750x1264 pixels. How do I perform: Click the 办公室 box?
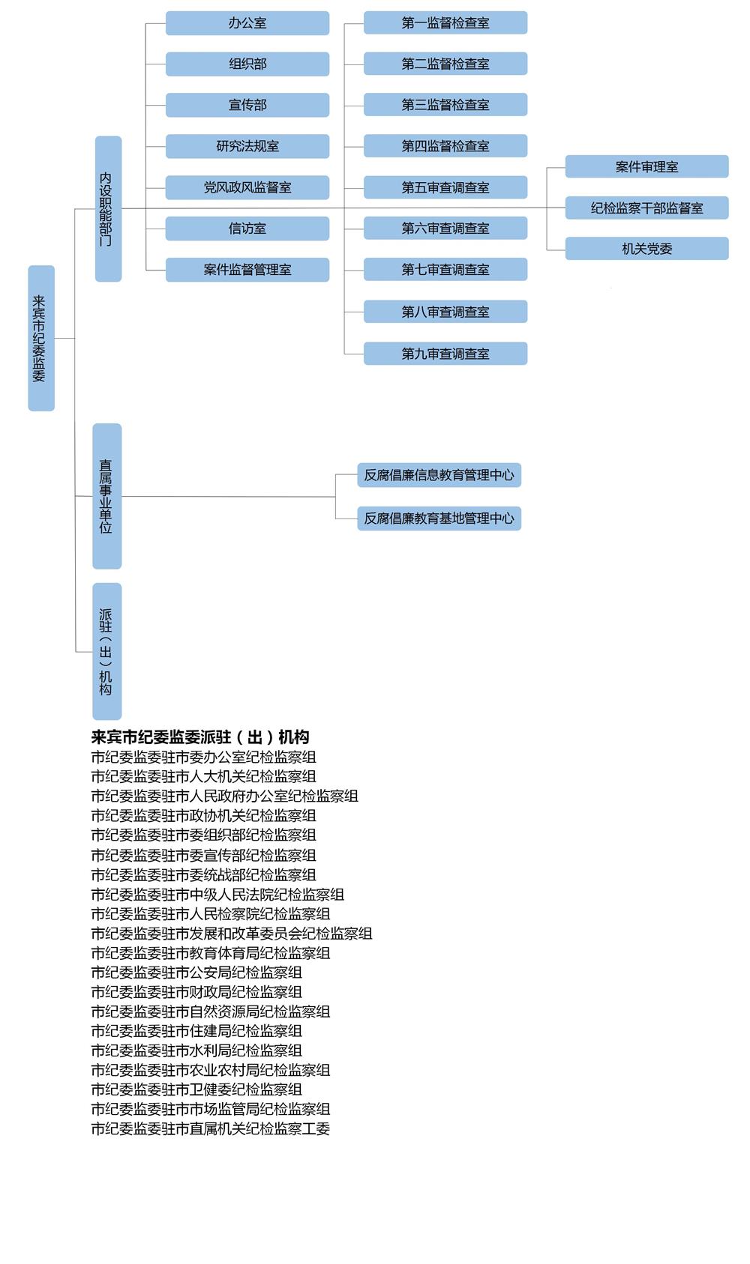(x=247, y=23)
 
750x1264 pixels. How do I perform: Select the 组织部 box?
(x=247, y=64)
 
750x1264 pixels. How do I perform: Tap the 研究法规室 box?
(x=247, y=146)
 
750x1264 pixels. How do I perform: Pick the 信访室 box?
(x=247, y=229)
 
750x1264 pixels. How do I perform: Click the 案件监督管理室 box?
(x=247, y=270)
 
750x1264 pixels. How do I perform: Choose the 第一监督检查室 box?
(x=445, y=22)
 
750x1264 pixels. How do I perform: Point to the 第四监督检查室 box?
(x=445, y=145)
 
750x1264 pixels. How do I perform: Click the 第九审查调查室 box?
(x=445, y=353)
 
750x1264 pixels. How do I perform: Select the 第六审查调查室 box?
(x=445, y=228)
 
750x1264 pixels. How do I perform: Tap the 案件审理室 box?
(x=646, y=166)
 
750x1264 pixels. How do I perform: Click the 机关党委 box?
(x=646, y=248)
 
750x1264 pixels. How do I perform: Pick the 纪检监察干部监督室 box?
(x=646, y=208)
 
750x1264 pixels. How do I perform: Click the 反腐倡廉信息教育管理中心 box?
(x=439, y=475)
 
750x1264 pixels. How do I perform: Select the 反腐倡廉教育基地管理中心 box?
(x=439, y=518)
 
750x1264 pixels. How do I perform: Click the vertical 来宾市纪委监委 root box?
(x=41, y=338)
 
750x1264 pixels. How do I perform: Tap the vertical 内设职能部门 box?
(x=109, y=209)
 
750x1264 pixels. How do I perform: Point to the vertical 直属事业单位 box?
(x=107, y=496)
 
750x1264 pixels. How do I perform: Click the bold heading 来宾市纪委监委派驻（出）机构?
(x=200, y=737)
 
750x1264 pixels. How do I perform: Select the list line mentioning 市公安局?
(x=196, y=973)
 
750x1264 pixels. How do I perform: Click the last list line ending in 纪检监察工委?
(x=210, y=1128)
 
